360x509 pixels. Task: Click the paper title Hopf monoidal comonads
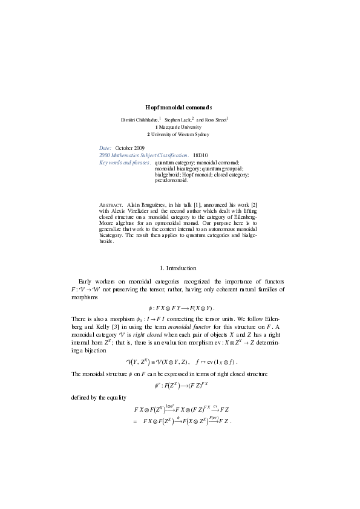(180, 107)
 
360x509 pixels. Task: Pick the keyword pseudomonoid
(172, 180)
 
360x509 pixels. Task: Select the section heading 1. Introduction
(180, 267)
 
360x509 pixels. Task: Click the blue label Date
(105, 148)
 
